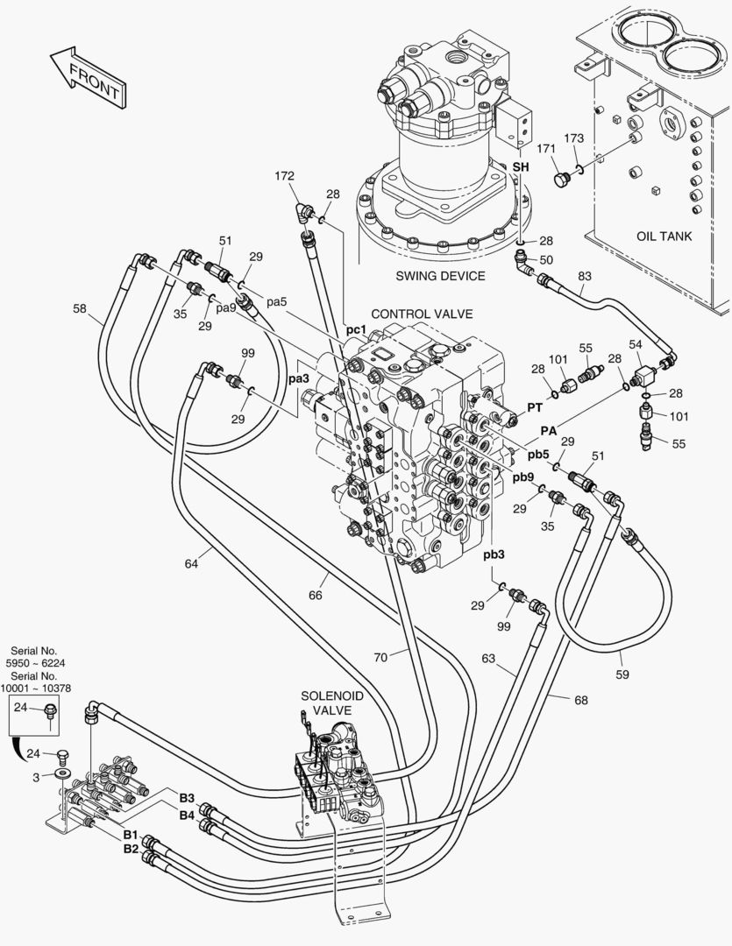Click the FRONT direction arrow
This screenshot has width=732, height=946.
89,78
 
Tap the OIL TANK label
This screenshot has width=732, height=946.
664,236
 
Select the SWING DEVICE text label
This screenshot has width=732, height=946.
440,276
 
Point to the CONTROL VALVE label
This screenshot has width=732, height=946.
422,314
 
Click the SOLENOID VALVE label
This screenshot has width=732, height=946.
326,703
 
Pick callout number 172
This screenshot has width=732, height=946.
284,176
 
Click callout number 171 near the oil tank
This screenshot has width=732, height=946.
546,148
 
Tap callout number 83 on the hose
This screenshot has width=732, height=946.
585,276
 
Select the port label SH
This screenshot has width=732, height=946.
521,166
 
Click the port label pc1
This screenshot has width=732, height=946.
356,329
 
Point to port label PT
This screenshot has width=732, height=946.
535,408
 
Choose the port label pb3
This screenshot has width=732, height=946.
494,554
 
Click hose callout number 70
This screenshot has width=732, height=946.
380,658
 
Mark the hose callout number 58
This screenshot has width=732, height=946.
80,309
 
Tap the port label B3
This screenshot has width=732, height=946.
187,798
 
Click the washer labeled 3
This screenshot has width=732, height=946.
61,773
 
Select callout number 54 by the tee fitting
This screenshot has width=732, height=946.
636,344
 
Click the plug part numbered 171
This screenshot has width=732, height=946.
562,179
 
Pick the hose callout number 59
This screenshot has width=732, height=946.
622,674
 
